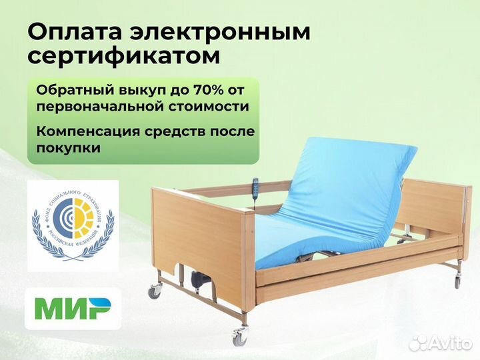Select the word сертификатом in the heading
[x=123, y=57]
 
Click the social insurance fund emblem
[x=73, y=225]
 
